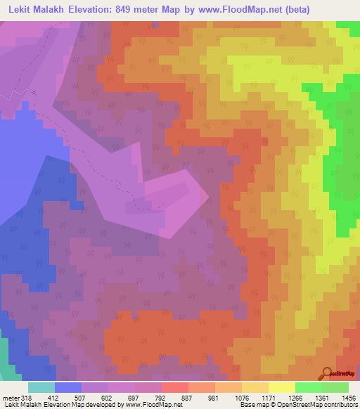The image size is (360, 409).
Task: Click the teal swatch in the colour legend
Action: [x=41, y=387]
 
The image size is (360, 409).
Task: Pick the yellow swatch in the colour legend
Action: [x=281, y=387]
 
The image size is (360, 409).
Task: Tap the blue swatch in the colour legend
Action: [x=68, y=387]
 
